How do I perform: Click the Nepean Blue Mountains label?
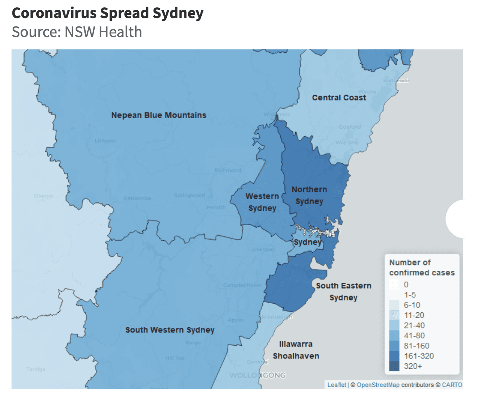click(x=159, y=115)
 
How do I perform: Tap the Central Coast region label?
click(x=339, y=98)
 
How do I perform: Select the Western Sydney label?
click(x=262, y=202)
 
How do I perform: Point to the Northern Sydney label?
click(x=309, y=195)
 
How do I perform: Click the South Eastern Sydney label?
click(x=343, y=291)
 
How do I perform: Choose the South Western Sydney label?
click(x=170, y=330)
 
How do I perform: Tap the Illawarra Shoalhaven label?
click(x=296, y=350)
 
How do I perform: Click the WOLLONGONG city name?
click(x=257, y=375)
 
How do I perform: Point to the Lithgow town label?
click(x=105, y=141)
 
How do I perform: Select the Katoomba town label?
click(x=137, y=198)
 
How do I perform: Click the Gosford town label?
click(x=350, y=127)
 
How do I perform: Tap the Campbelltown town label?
click(x=242, y=285)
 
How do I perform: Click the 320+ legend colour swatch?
click(x=394, y=366)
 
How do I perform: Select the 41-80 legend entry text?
click(x=414, y=336)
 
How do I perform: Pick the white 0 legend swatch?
click(x=394, y=284)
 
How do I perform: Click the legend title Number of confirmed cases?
click(x=422, y=267)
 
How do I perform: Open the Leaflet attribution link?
click(x=336, y=385)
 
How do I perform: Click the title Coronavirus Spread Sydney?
click(x=107, y=14)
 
